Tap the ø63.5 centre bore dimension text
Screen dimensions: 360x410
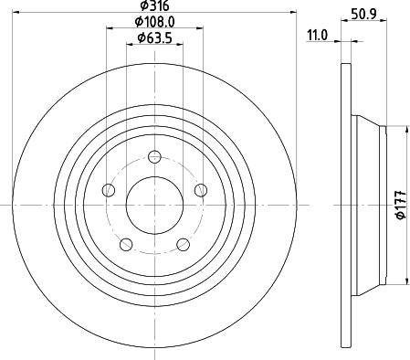point(155,37)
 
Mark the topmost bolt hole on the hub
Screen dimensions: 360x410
point(154,156)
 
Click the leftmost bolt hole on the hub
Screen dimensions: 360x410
point(109,191)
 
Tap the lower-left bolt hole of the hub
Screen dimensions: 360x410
point(126,244)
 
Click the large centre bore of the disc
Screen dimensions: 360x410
point(154,204)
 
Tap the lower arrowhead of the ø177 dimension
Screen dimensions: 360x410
point(406,281)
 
